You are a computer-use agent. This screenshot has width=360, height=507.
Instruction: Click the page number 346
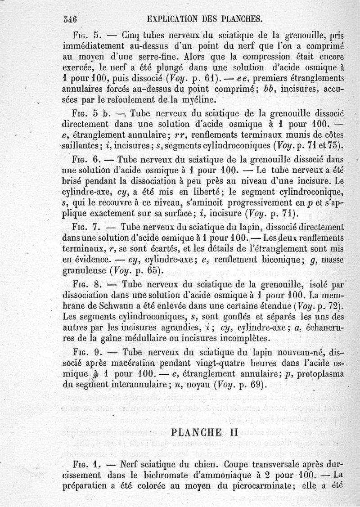[x=71, y=19]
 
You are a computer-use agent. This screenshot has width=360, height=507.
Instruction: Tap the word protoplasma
[x=317, y=374]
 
